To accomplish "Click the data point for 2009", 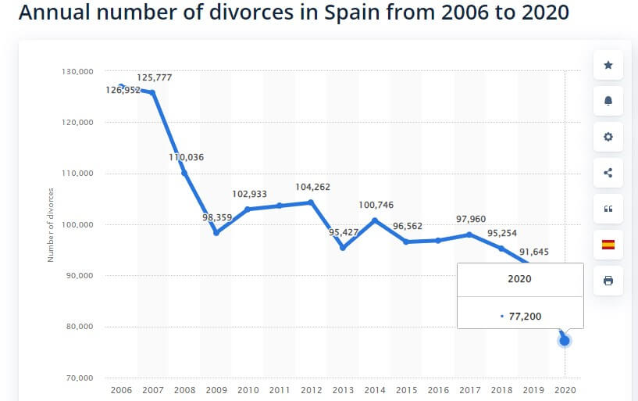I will coord(216,232).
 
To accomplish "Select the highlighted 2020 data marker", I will coord(564,340).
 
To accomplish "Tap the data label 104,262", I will coord(311,187).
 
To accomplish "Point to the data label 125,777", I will coord(154,77).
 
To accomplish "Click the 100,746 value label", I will coord(375,205).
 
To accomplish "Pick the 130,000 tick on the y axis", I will coord(77,71).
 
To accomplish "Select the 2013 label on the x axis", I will coord(343,389).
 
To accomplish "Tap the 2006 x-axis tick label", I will coord(121,389).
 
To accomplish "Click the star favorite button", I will coord(608,65).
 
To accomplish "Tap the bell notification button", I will coord(608,101).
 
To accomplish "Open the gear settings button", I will coord(608,137).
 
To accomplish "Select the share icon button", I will coord(608,173).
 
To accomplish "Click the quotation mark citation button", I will coord(608,209).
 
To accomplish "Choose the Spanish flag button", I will coord(608,245).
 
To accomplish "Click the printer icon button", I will coord(608,281).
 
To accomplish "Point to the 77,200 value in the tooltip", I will coord(524,317).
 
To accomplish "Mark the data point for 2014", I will coord(374,220).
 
